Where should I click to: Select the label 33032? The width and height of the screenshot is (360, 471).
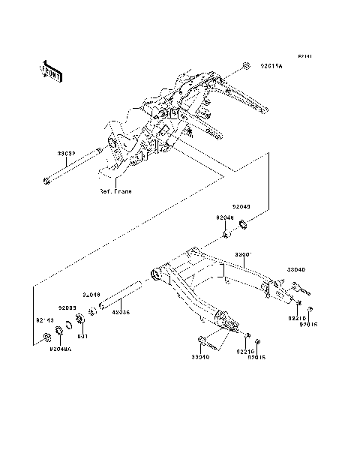67,153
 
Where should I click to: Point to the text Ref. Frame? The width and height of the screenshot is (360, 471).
115,191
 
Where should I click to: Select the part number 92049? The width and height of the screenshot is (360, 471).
241,205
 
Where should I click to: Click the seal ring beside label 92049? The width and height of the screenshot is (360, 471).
244,223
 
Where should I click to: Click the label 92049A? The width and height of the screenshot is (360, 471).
60,348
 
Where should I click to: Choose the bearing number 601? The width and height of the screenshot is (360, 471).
83,337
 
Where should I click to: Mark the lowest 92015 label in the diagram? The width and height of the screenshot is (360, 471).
257,358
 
